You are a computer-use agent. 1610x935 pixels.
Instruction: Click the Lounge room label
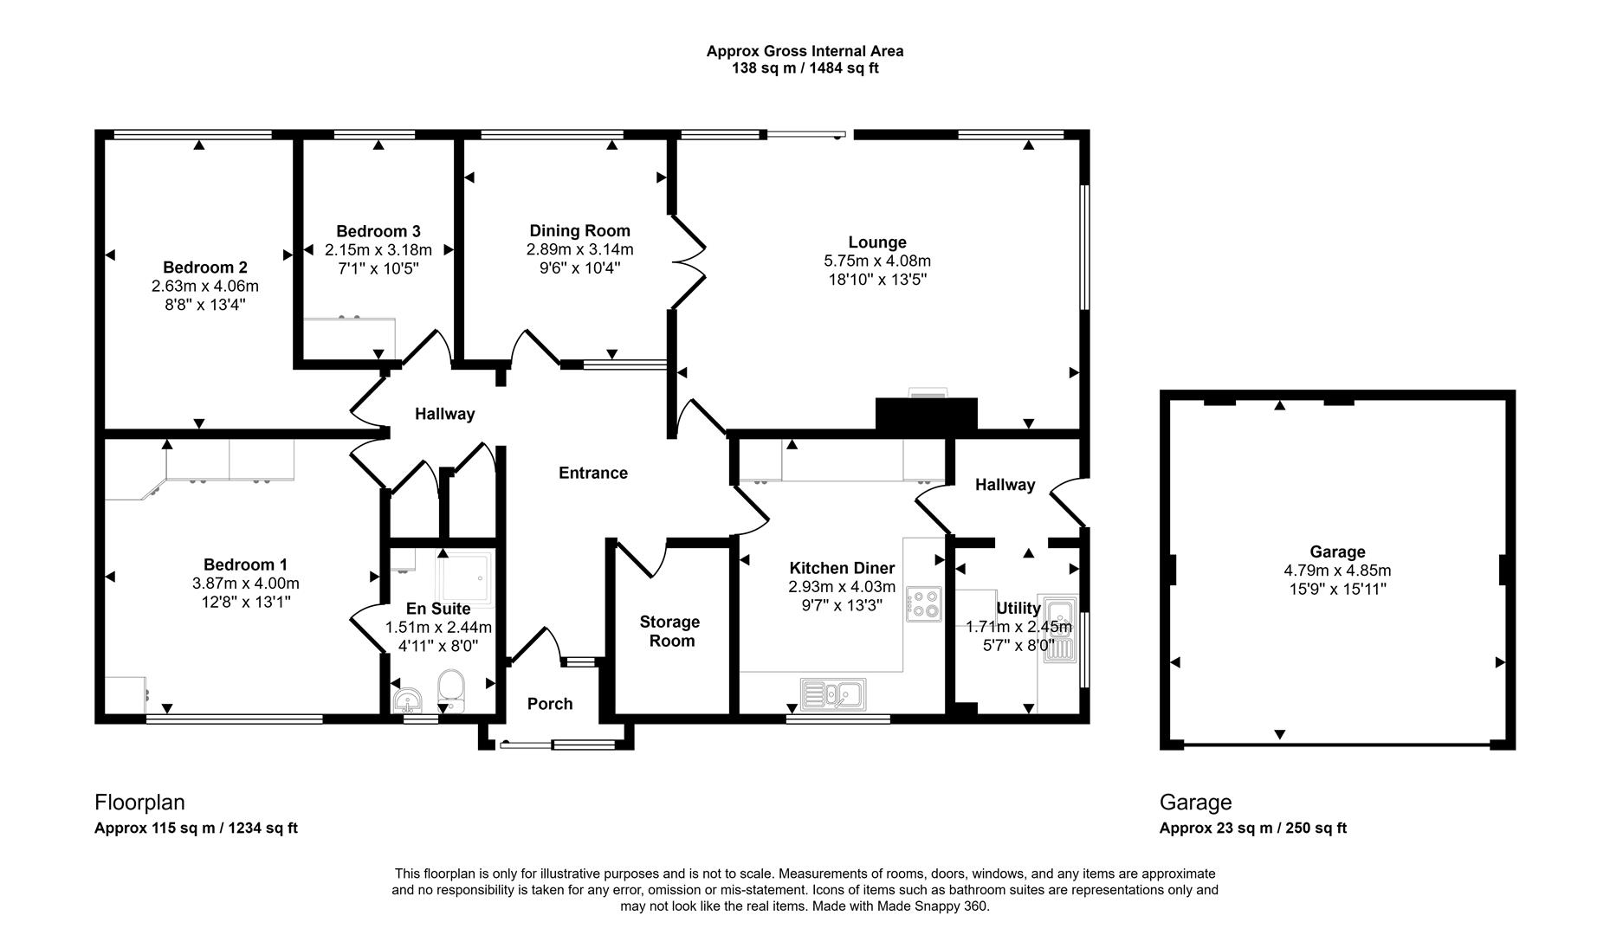(877, 242)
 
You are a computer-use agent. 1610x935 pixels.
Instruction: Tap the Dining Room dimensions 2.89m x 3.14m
(579, 249)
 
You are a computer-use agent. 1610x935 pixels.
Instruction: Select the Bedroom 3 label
(378, 231)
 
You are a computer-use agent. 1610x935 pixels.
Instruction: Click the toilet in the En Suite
(451, 689)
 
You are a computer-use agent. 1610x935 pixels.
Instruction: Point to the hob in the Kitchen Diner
(923, 603)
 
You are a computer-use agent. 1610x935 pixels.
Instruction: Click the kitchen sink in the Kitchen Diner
(832, 693)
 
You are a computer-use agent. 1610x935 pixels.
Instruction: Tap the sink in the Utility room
(1059, 629)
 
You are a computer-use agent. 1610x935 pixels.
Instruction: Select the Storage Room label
(670, 631)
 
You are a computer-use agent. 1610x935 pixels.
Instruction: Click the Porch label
(550, 704)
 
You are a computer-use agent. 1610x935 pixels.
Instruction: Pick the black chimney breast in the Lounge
(926, 414)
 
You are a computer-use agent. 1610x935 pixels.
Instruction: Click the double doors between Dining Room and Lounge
(689, 262)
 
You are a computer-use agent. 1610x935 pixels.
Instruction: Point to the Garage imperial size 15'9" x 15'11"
(1337, 590)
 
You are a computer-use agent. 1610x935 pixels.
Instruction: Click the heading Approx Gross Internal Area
(805, 51)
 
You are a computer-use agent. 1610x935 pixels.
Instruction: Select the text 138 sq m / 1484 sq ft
(805, 68)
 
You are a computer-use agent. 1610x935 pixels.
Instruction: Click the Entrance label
(592, 473)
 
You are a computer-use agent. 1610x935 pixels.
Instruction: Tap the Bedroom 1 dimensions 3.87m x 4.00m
(246, 584)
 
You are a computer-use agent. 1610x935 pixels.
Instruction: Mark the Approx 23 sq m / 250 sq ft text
(1252, 828)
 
